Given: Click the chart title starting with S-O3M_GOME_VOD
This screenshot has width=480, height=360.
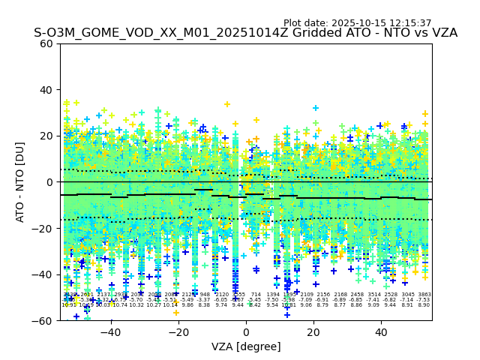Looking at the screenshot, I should tap(245, 33).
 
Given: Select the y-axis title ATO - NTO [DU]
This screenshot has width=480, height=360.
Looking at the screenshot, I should tap(20, 182).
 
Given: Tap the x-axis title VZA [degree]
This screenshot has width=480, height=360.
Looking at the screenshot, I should tap(246, 346).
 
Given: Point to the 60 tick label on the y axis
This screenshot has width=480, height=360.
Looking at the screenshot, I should tap(46, 43).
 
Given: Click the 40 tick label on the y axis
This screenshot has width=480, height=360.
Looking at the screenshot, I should tap(46, 90).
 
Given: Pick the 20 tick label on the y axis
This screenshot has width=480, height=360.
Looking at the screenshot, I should tap(46, 136).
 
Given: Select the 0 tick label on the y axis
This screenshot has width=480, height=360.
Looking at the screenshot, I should tap(49, 182).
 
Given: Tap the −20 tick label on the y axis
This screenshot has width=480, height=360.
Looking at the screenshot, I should tap(43, 228).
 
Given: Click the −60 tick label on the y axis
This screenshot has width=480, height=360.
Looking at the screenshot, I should tap(43, 320).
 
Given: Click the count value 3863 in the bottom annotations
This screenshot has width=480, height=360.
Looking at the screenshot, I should tap(424, 295).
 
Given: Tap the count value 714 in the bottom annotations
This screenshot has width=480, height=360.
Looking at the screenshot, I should tap(256, 295).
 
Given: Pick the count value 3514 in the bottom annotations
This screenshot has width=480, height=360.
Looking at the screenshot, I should tap(373, 295).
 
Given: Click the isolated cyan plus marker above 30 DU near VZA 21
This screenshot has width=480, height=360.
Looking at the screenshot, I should tap(316, 108).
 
